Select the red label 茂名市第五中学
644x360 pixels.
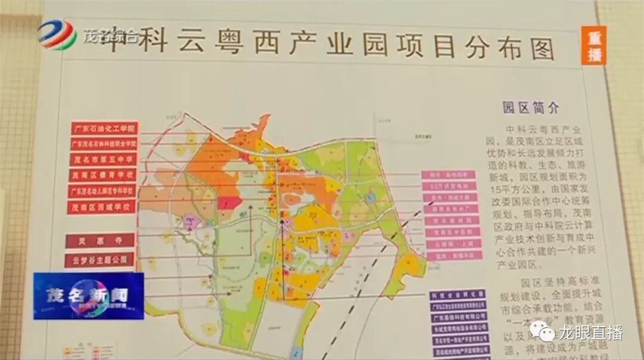pyautogui.click(x=103, y=160)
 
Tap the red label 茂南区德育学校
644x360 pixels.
pyautogui.click(x=103, y=175)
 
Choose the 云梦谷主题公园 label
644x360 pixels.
pyautogui.click(x=100, y=260)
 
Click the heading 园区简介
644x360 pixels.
pyautogui.click(x=531, y=108)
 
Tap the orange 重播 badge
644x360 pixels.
pyautogui.click(x=595, y=45)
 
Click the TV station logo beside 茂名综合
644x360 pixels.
pyautogui.click(x=58, y=35)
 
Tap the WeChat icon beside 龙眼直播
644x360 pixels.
pyautogui.click(x=542, y=331)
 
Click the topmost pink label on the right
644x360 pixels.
pyautogui.click(x=451, y=175)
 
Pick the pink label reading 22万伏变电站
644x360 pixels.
pyautogui.click(x=451, y=186)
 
